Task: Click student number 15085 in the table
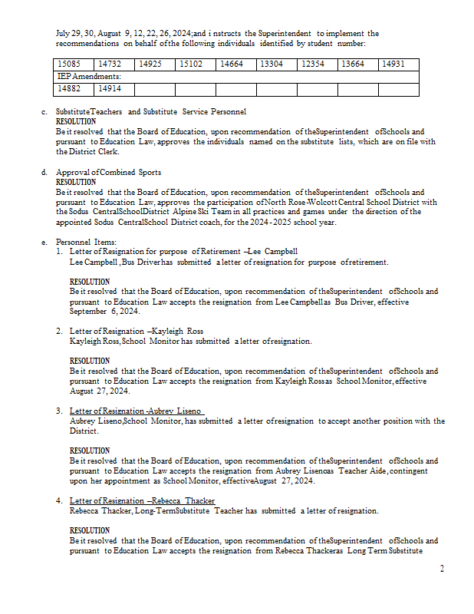[71, 64]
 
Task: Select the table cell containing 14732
[110, 64]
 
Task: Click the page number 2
[442, 569]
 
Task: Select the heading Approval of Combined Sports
[108, 172]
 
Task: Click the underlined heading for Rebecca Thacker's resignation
[142, 500]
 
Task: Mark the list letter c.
[44, 112]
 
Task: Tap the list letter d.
[44, 172]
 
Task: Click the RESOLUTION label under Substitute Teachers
[76, 122]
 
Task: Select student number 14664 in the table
[232, 64]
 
